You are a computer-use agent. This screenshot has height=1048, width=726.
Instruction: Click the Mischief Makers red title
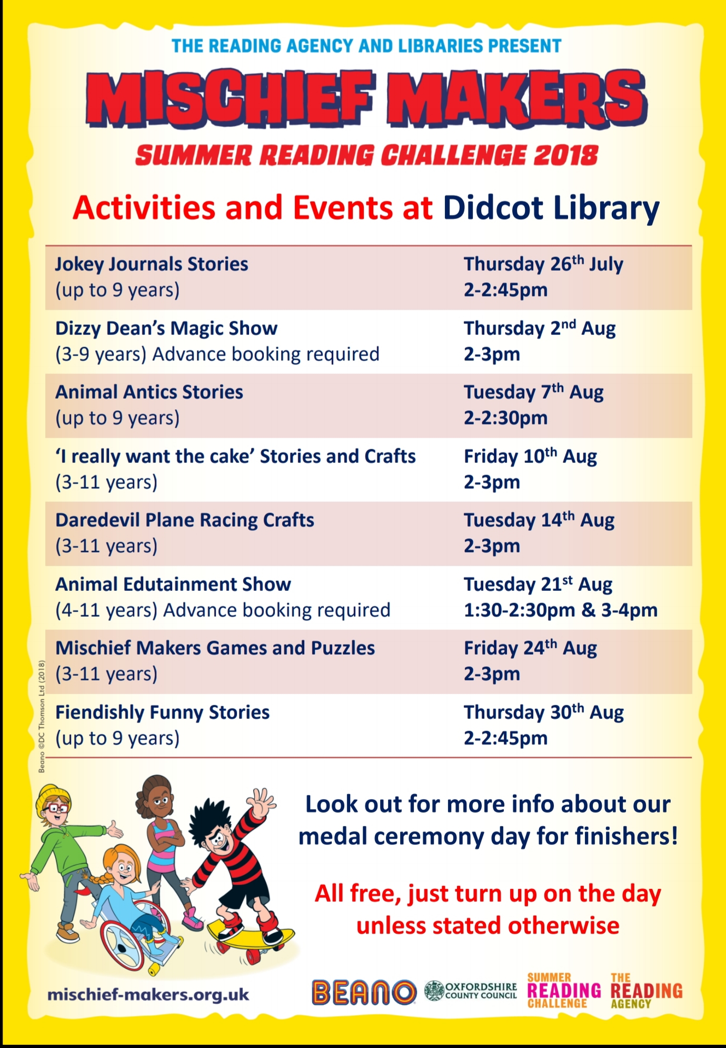366,98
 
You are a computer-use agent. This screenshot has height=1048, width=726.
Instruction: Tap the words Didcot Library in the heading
551,209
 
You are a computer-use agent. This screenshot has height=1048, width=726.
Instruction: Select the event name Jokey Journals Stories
152,264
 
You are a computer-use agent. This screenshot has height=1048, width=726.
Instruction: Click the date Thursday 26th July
543,264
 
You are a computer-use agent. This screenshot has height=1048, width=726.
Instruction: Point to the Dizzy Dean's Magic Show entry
166,328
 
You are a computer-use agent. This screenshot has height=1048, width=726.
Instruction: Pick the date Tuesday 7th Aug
533,392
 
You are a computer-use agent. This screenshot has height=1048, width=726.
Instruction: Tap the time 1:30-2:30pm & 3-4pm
561,610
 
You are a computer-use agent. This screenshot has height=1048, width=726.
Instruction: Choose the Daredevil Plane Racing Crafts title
185,520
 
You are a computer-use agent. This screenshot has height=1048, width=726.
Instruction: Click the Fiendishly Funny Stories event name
162,713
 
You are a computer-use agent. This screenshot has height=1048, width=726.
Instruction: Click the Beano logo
364,992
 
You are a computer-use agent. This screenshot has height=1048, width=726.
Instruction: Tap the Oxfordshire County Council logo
471,991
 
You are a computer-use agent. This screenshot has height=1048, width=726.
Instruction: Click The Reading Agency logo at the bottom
646,991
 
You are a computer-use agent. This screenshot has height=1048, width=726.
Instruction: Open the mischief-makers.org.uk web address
148,995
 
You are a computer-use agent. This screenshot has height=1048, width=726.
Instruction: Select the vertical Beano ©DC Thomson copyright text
42,717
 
